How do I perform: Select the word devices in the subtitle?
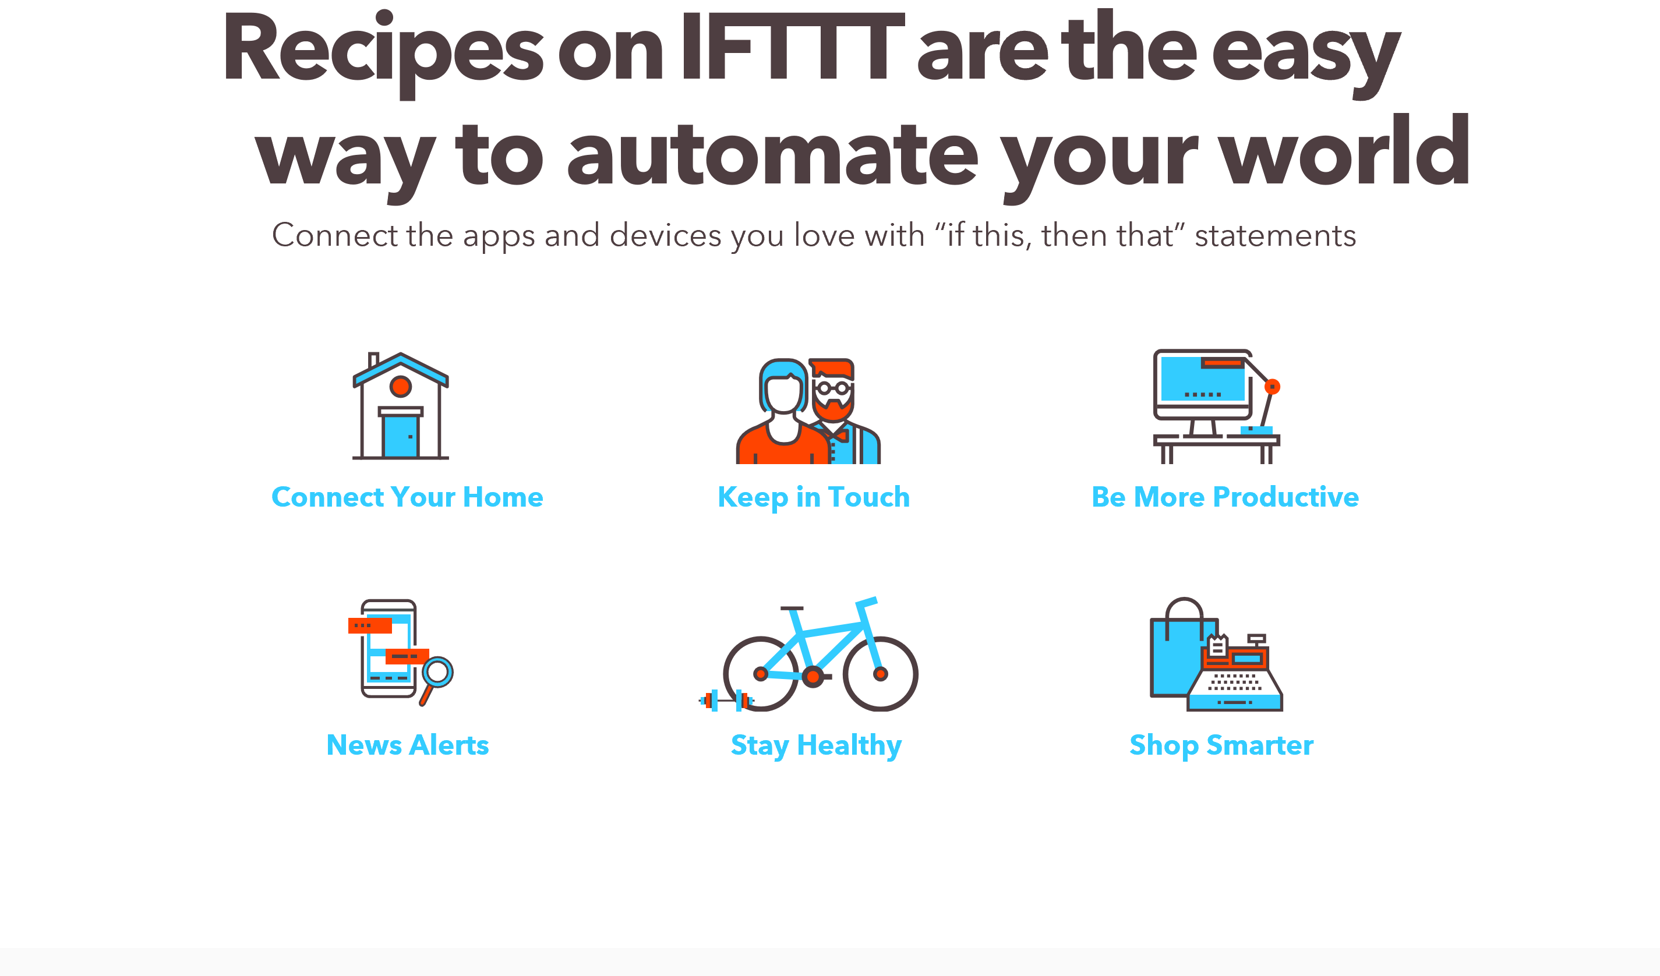coord(665,235)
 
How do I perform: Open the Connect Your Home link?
coord(407,497)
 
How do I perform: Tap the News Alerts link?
coord(408,745)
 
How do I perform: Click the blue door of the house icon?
coord(401,437)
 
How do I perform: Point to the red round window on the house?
coord(401,387)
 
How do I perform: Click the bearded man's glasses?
coord(833,388)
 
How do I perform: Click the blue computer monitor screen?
coord(1202,379)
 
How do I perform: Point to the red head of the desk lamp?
coord(1272,387)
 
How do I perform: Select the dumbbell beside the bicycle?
coord(726,700)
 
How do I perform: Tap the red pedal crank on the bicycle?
coord(813,676)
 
